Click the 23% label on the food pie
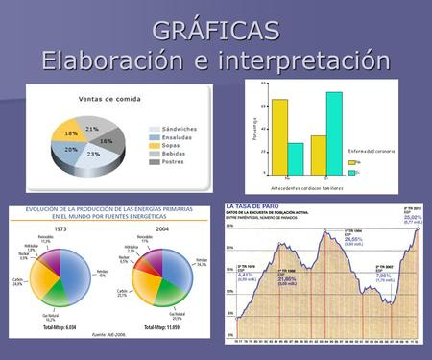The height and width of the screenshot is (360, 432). click(x=94, y=154)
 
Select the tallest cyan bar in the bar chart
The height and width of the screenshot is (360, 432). click(x=333, y=132)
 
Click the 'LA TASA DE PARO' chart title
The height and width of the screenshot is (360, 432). click(x=255, y=205)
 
